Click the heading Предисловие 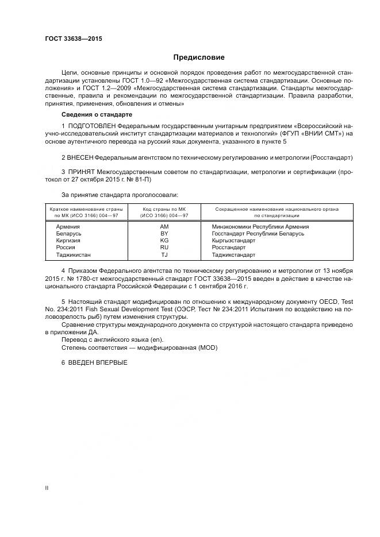tap(198, 57)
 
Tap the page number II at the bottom tap(48, 488)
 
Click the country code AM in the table tap(164, 226)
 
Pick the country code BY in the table tap(164, 234)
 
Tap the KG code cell tap(164, 241)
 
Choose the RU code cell tap(164, 248)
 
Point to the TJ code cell tap(164, 254)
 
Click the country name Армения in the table tap(67, 226)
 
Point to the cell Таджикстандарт tap(234, 254)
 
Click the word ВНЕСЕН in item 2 tap(80, 157)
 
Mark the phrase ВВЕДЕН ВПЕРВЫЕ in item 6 tap(98, 362)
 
